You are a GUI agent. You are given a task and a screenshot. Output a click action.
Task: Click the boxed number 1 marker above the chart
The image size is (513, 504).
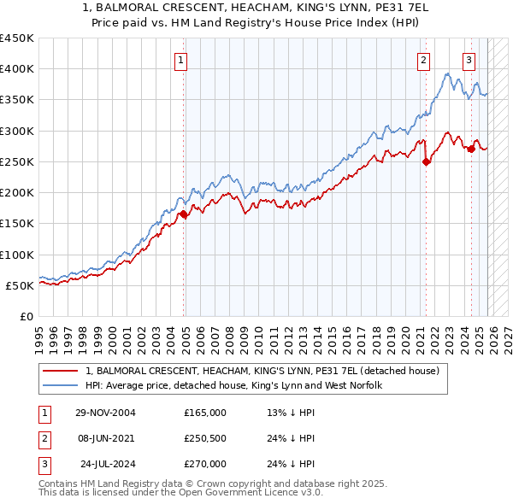[182, 60]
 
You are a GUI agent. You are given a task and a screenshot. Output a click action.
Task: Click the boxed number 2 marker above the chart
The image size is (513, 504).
[424, 60]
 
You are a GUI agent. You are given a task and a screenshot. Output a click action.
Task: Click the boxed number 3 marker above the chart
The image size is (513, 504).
[469, 60]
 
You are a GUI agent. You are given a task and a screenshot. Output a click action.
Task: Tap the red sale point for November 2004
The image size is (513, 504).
[184, 214]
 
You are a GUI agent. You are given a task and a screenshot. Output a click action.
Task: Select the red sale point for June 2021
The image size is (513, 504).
[426, 162]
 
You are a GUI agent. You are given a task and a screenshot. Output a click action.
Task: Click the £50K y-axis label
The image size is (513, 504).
[21, 285]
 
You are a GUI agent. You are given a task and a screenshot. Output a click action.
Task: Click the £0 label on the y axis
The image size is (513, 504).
[27, 316]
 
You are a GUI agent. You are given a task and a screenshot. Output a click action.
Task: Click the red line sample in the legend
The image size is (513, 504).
[62, 371]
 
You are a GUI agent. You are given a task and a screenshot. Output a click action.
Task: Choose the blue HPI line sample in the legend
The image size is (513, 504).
[62, 385]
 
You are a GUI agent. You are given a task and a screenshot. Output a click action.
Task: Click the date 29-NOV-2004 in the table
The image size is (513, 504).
[105, 413]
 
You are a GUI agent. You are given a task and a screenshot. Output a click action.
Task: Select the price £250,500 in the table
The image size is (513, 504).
[204, 438]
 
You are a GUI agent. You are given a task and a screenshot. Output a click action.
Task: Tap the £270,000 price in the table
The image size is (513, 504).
[204, 464]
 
